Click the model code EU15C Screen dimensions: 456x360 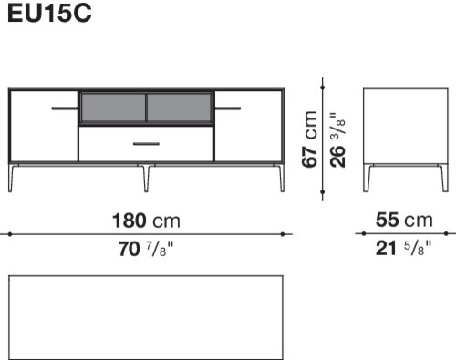coord(49,13)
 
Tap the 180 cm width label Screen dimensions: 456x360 coord(146,221)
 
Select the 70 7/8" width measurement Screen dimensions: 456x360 coord(146,249)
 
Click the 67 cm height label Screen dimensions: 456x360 coord(309,139)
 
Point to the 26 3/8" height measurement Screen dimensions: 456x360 coord(337,140)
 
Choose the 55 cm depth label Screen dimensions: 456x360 coord(404,220)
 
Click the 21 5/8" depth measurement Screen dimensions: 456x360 coord(403,248)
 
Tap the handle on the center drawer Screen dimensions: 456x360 coord(146,144)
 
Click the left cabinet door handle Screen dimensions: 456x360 coord(65,108)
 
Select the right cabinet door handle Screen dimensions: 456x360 coord(228,108)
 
